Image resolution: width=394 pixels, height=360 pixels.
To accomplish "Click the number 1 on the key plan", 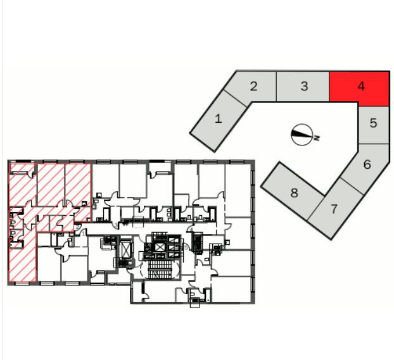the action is pos(219,118).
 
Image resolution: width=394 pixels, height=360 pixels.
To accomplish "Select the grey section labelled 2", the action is pos(253,87).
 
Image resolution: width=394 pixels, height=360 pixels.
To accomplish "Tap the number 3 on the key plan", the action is pos(304,86).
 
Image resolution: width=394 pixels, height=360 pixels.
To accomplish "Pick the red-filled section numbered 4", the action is pos(360,87).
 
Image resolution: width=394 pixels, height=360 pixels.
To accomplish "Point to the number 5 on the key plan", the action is pos(373,123).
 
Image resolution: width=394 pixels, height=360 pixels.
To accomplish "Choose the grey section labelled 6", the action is pos(367,164).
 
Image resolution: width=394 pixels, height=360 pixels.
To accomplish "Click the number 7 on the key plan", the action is pos(334,208).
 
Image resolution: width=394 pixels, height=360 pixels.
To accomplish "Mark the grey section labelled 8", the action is pos(294,192).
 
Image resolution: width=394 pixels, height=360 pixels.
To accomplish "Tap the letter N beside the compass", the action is pos(317,137).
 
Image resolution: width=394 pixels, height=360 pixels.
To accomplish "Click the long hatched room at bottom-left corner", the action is pos(22,256).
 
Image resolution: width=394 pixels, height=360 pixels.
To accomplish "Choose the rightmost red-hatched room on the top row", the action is pos(79,183).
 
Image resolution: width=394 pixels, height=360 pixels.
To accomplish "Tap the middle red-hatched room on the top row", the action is pos(51,183).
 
